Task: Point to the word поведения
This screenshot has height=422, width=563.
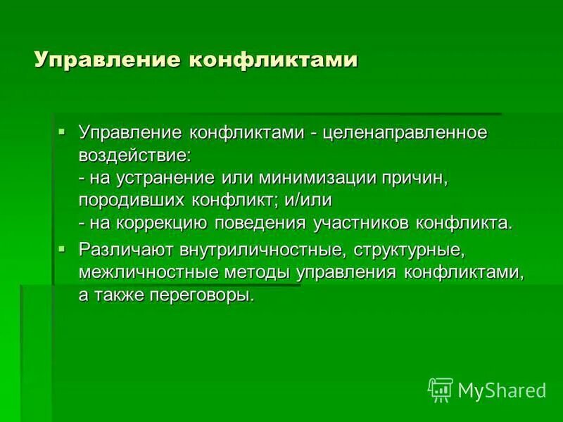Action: click(x=264, y=224)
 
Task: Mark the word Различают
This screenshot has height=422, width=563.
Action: click(x=125, y=250)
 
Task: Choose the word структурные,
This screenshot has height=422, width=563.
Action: click(x=407, y=250)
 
